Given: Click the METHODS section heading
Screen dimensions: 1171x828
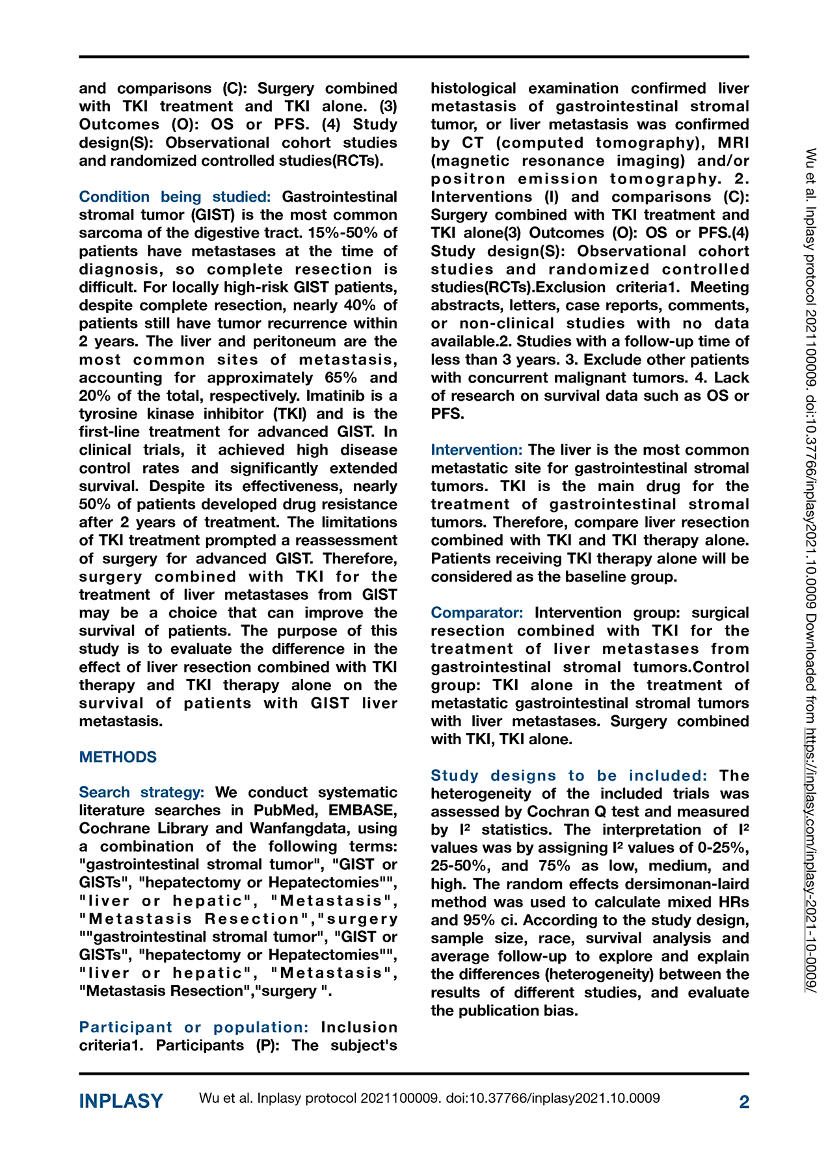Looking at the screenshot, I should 118,757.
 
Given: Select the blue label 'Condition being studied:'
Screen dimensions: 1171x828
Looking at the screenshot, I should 174,197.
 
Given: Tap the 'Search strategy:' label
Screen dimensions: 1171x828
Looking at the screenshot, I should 141,792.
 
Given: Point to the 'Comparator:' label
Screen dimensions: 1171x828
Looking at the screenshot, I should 477,613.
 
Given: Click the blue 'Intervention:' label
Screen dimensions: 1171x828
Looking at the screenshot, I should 476,450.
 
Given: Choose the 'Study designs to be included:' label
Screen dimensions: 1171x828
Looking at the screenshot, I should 568,775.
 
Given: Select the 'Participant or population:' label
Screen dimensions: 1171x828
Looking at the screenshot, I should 193,1027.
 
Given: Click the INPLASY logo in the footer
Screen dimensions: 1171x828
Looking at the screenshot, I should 121,1101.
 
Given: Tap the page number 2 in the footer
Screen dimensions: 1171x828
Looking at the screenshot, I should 744,1102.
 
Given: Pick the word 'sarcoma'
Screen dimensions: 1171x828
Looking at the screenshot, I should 107,234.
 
